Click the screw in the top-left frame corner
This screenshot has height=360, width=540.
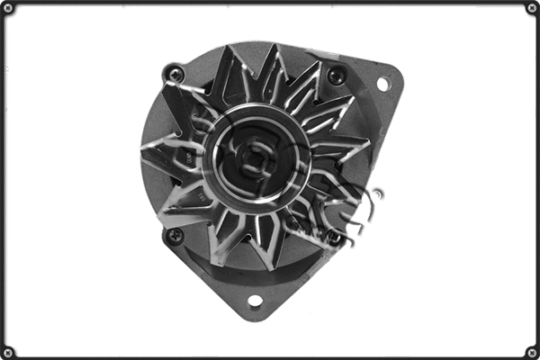(x=8, y=8)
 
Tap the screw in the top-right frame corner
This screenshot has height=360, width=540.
(x=532, y=8)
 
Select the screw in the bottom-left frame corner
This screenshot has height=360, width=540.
(x=8, y=352)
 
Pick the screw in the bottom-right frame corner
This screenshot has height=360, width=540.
(x=532, y=352)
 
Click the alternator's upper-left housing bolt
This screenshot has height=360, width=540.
(x=175, y=75)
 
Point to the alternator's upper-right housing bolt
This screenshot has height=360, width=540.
(x=336, y=76)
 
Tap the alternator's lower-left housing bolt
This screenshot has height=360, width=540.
(x=175, y=236)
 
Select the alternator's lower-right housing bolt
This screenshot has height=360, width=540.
(x=335, y=238)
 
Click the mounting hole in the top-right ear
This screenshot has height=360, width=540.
(x=382, y=84)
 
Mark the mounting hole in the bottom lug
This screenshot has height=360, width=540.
(x=255, y=301)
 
